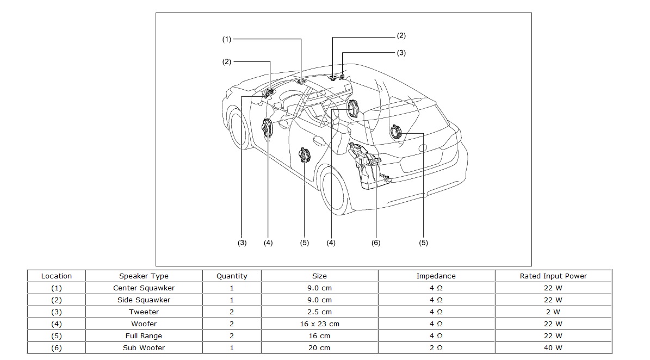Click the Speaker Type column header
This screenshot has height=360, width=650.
[144, 276]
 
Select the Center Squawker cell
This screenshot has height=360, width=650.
[144, 288]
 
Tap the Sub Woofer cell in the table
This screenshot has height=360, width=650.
[144, 347]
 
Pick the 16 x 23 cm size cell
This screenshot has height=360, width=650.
[319, 324]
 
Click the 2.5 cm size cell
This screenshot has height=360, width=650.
[319, 312]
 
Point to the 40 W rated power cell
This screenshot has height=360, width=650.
[553, 347]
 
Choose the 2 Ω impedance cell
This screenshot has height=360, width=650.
[436, 347]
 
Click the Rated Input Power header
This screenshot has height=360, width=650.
[553, 276]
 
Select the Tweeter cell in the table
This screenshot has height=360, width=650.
[144, 312]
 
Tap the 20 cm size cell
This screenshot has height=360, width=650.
[319, 347]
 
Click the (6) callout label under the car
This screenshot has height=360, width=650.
[376, 243]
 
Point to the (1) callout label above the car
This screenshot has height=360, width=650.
[226, 39]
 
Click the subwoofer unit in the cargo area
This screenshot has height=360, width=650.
[367, 166]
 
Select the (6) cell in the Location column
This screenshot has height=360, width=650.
[56, 347]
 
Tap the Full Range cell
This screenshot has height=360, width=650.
[144, 336]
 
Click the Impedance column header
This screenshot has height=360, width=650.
[436, 276]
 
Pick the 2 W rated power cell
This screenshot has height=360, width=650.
[553, 312]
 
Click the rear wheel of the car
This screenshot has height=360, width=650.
[334, 190]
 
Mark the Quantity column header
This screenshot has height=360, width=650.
[232, 276]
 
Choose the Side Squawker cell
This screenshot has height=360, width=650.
[144, 300]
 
